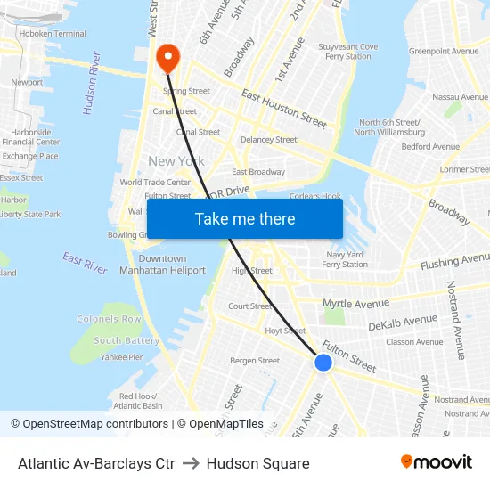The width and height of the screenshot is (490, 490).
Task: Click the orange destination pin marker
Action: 167,58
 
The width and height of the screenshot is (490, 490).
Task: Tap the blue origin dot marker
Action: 323,363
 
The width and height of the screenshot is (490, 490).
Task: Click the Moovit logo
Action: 437,462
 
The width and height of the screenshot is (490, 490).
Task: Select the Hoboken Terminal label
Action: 54,34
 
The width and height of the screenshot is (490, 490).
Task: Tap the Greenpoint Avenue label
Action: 443,52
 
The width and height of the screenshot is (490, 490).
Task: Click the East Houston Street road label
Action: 284,107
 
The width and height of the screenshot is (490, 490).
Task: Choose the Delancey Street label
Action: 268,140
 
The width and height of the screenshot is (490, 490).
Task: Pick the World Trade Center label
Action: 155,183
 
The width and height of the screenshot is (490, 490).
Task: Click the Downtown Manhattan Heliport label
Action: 162,264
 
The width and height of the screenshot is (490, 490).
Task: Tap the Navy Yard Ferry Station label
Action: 345,259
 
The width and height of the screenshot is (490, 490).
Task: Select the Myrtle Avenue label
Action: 356,303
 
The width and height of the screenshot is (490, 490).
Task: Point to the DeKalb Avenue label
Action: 403,322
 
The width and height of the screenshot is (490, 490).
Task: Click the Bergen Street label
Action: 255,361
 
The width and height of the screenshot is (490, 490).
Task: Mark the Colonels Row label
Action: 110,319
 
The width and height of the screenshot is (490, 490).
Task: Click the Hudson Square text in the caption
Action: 257,463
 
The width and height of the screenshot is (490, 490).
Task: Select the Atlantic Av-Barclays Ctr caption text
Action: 96,463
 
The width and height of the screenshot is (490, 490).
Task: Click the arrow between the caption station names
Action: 191,463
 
